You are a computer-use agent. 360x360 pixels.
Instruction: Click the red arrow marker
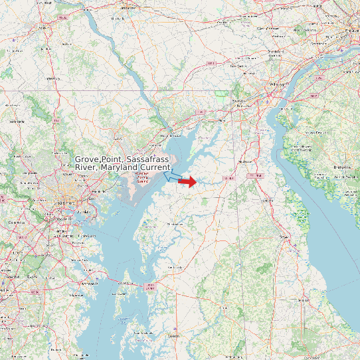188,181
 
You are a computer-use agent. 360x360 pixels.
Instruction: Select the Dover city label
284,236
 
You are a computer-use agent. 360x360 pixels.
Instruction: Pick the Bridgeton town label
343,167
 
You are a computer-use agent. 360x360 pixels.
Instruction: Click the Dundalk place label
83,212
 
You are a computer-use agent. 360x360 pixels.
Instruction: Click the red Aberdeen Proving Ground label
143,177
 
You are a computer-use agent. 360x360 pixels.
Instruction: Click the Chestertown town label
175,225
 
